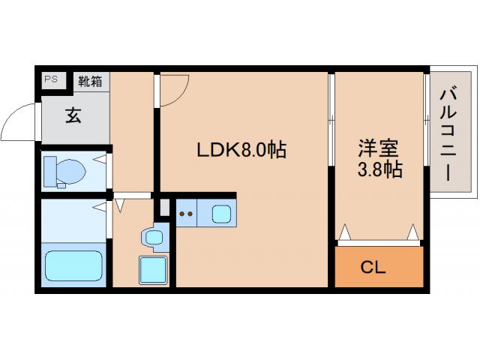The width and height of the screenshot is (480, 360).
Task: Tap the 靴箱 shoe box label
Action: coord(91,81)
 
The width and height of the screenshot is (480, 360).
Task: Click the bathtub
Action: coord(73,264)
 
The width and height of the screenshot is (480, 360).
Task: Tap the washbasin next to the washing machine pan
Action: coord(152,238)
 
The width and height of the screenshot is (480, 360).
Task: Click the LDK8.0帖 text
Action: coord(241,150)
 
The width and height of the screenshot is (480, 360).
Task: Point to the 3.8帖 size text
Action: coord(379,169)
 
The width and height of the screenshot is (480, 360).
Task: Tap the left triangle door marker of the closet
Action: coord(345,233)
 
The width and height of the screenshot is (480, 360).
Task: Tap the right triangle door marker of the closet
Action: coord(412,233)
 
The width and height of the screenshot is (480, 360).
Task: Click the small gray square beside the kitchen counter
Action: coord(165,207)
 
